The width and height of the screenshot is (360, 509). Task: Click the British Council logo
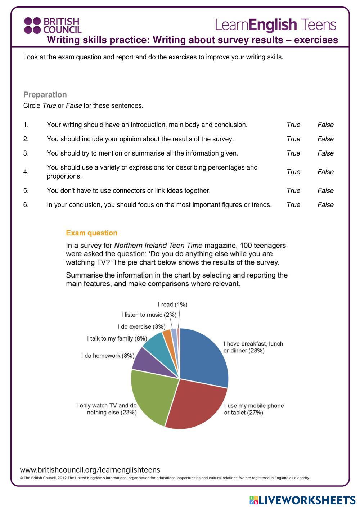point(53,26)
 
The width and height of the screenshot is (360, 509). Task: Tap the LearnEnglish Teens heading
point(275,25)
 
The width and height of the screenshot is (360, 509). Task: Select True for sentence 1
point(293,125)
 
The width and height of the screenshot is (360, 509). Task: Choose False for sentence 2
point(325,139)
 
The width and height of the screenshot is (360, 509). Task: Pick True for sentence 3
point(293,153)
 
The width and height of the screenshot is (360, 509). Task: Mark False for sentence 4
point(325,172)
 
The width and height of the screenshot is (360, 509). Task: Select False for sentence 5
point(325,191)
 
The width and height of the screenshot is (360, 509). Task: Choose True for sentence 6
point(293,205)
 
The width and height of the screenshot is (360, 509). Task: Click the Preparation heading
point(45,95)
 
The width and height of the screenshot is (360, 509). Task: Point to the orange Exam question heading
point(91,233)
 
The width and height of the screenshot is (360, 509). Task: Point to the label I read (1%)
point(172,305)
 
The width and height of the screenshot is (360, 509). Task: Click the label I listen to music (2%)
point(149,315)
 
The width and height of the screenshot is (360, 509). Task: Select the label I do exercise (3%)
point(141,327)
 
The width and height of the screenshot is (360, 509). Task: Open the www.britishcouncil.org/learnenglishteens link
point(90,470)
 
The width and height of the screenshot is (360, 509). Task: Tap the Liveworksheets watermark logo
point(302,500)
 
